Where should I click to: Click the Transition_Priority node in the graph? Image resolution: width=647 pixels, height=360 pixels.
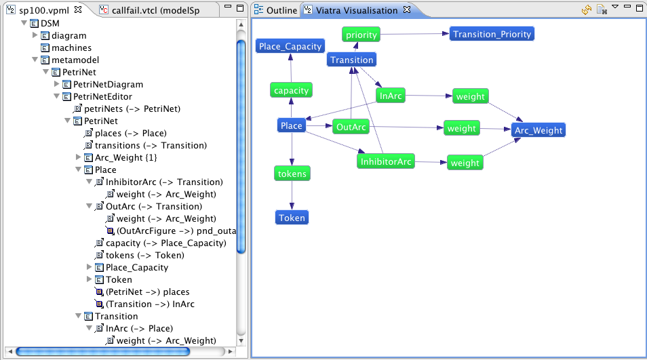(x=492, y=34)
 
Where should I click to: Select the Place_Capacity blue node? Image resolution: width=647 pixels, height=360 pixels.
(x=290, y=47)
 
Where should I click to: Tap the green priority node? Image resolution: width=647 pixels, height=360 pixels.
(x=361, y=35)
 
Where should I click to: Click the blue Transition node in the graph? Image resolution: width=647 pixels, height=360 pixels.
(x=351, y=60)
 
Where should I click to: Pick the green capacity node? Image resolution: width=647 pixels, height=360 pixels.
(x=292, y=90)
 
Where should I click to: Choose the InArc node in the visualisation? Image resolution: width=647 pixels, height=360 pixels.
(x=391, y=96)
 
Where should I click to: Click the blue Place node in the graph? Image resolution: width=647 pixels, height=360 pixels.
(x=292, y=125)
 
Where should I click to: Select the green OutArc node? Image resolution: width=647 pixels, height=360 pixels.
(x=351, y=127)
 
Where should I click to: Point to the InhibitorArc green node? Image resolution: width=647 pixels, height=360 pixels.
(x=386, y=161)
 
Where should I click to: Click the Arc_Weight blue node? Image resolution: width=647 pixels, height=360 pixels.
(x=538, y=130)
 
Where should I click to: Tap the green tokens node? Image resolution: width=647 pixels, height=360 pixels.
(x=292, y=174)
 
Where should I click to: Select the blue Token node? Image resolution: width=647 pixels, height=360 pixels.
(x=292, y=218)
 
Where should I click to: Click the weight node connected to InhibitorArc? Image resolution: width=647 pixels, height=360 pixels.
(x=465, y=163)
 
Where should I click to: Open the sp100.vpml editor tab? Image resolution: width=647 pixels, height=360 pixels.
(x=44, y=10)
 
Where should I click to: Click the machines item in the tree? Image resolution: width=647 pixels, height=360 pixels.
(x=71, y=48)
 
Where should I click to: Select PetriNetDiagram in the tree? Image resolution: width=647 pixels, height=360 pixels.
(x=108, y=85)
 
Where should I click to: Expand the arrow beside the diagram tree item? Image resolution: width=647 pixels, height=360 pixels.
(x=35, y=35)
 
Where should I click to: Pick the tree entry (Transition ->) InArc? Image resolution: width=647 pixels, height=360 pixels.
(x=150, y=304)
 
